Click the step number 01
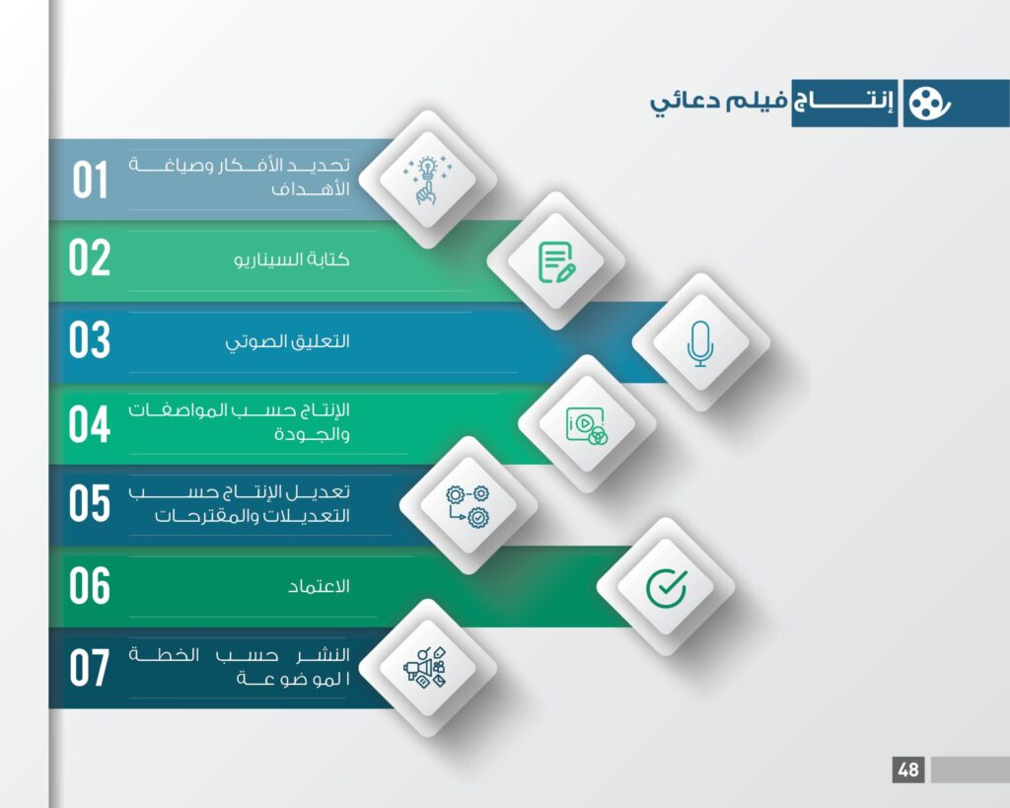coord(90,180)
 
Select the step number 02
coord(90,257)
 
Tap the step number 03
coord(90,339)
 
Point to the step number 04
coord(90,424)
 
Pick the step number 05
coord(90,502)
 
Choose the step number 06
coord(90,586)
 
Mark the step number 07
coord(90,668)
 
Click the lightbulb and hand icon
coord(427,180)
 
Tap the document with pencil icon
coord(556,261)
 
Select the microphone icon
coord(700,343)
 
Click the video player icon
coord(586,426)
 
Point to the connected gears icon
coord(468,506)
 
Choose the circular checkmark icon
coord(666,588)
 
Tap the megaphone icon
coord(424,668)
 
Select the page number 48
coord(908,770)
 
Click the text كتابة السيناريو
coord(292,259)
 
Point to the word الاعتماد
coord(319,586)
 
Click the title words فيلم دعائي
coord(718,103)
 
